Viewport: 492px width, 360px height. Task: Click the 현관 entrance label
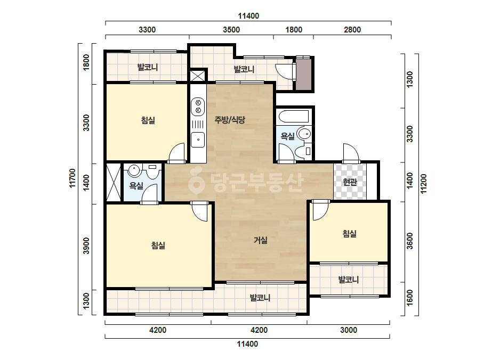pyautogui.click(x=350, y=182)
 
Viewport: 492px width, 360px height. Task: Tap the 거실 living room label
pyautogui.click(x=261, y=240)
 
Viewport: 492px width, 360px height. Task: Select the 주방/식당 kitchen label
pyautogui.click(x=230, y=119)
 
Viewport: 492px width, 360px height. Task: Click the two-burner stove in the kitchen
pyautogui.click(x=198, y=107)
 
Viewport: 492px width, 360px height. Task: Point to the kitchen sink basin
pyautogui.click(x=198, y=140)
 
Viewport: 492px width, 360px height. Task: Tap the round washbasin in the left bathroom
pyautogui.click(x=134, y=170)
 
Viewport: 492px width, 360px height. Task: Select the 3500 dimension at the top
pyautogui.click(x=231, y=30)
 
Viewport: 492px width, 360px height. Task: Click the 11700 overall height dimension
pyautogui.click(x=72, y=178)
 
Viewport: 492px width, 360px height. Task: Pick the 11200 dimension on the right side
pyautogui.click(x=424, y=184)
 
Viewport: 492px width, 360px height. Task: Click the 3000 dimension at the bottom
pyautogui.click(x=349, y=330)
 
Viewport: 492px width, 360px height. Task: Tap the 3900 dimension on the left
pyautogui.click(x=86, y=246)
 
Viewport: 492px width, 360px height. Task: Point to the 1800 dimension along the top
pyautogui.click(x=294, y=30)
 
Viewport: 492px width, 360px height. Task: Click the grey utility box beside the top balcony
pyautogui.click(x=304, y=75)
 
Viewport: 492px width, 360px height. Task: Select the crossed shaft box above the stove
pyautogui.click(x=198, y=76)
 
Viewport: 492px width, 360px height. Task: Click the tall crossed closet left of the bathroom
pyautogui.click(x=114, y=182)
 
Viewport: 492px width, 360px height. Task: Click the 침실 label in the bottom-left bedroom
pyautogui.click(x=158, y=245)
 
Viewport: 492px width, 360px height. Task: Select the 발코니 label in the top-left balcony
pyautogui.click(x=148, y=67)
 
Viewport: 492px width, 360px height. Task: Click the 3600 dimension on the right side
pyautogui.click(x=410, y=241)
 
